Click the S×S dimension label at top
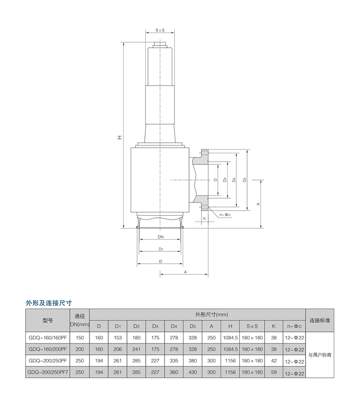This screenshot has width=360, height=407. (160, 30)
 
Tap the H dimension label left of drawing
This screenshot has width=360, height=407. (120, 137)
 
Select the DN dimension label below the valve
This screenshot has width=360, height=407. (161, 237)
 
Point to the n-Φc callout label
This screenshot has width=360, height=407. (225, 215)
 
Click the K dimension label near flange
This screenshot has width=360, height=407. (204, 218)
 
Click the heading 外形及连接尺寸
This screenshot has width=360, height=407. (49, 303)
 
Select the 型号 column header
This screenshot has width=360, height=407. (48, 320)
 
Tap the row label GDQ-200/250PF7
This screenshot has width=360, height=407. (48, 372)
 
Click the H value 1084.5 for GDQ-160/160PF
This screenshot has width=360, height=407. (230, 338)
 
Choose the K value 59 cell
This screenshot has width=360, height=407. (274, 372)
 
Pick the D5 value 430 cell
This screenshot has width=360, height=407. (193, 372)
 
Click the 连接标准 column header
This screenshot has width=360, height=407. (319, 320)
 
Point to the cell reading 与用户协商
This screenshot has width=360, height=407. (319, 355)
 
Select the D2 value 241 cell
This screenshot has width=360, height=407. (136, 349)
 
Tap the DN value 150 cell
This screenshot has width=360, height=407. (80, 338)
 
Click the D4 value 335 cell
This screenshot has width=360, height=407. (174, 361)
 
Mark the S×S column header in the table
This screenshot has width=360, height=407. (252, 326)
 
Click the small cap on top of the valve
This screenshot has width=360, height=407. (160, 45)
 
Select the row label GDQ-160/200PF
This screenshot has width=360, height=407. (48, 349)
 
